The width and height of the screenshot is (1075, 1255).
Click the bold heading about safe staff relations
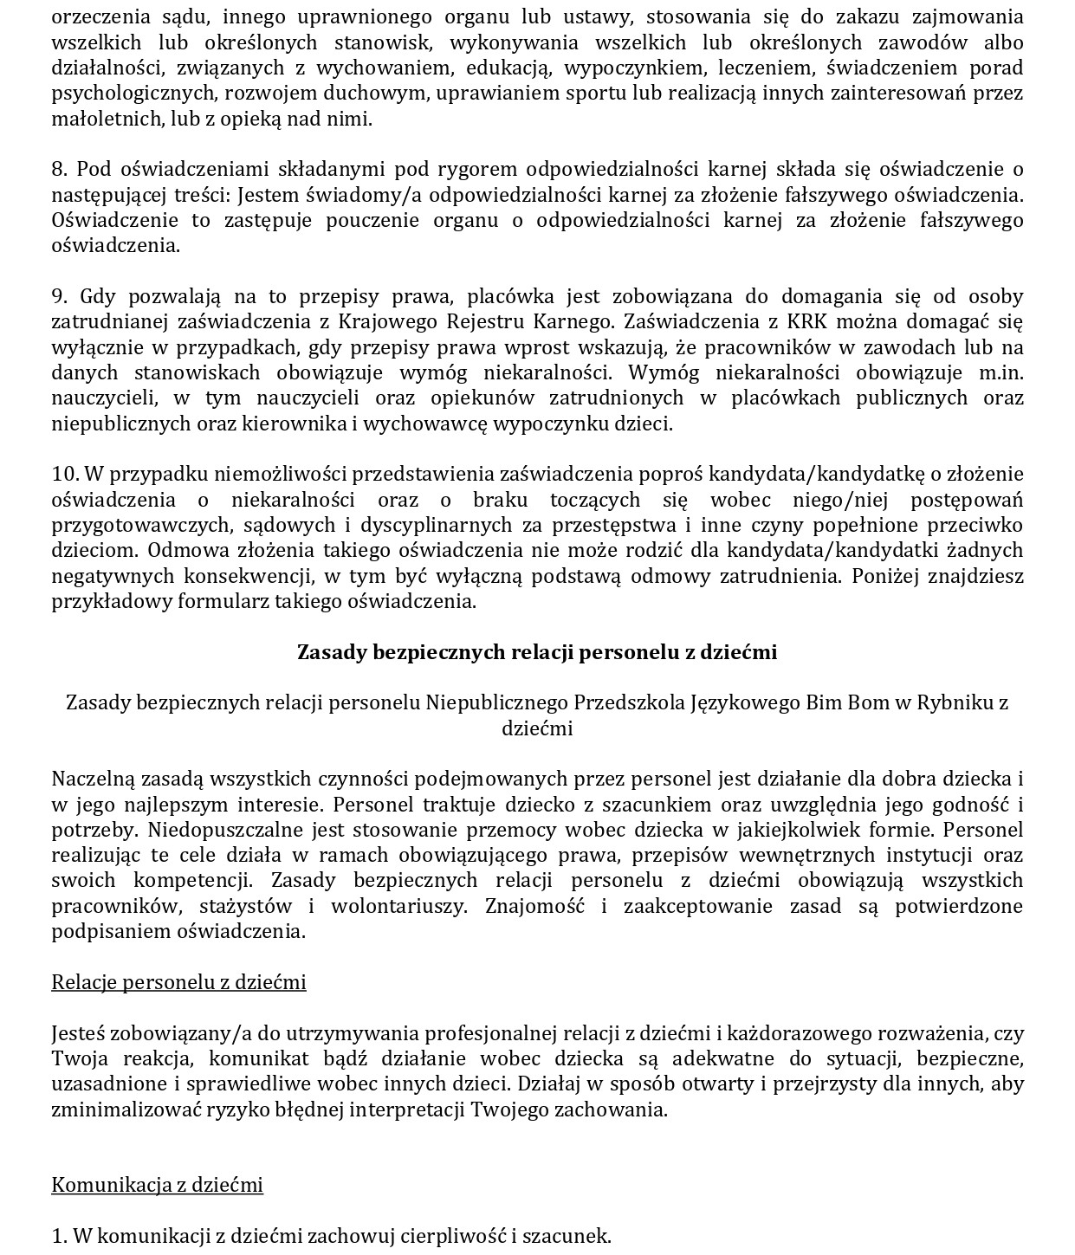coord(537,652)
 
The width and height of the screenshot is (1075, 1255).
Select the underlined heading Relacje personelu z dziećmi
coord(178,982)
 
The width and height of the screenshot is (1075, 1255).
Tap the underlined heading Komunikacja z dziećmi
coord(157,1185)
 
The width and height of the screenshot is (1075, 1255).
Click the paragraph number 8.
coord(59,169)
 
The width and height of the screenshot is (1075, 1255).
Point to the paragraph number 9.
coord(59,296)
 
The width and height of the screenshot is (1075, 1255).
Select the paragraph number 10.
coord(65,474)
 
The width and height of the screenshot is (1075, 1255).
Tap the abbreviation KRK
coord(807,322)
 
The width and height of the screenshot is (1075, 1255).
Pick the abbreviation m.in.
coord(1001,372)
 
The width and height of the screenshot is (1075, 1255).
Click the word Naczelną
coord(91,779)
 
